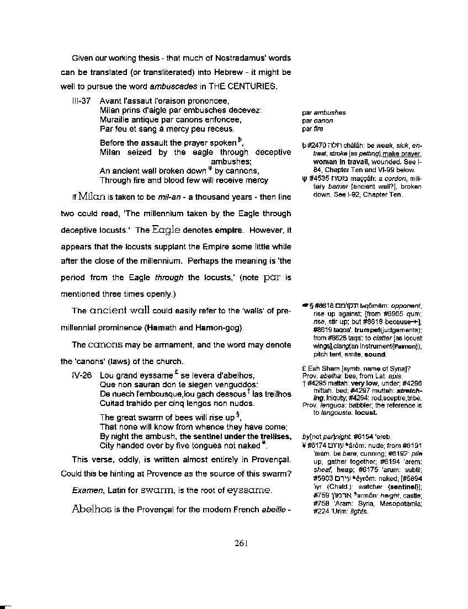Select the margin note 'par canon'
coord(317,121)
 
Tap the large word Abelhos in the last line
coord(92,509)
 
